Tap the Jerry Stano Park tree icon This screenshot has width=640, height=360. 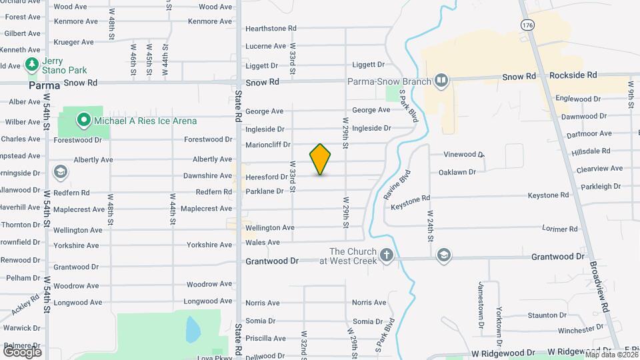(x=31, y=65)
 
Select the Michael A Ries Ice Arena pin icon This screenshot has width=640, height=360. (x=83, y=121)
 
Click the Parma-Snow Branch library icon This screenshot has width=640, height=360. (x=440, y=81)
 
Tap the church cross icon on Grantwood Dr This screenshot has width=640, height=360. (x=386, y=255)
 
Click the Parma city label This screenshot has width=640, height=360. (x=45, y=85)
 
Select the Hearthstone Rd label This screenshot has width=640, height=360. (x=271, y=29)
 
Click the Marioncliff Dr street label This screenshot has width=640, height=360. (x=268, y=144)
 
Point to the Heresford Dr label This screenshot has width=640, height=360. (x=266, y=177)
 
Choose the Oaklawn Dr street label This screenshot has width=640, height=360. (x=457, y=172)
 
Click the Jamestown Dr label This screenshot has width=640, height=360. (x=480, y=303)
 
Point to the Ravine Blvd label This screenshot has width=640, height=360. (x=397, y=185)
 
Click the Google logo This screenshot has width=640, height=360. (x=22, y=351)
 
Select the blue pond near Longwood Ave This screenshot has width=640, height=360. (x=192, y=329)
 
